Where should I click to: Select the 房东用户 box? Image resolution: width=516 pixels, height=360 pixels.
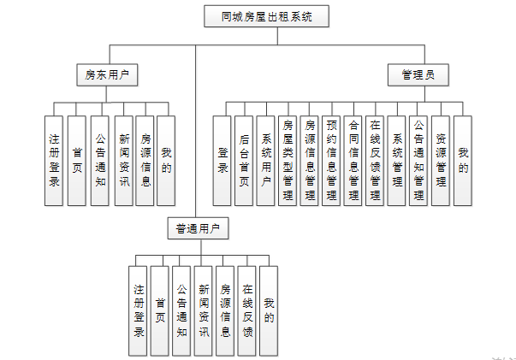tap(107, 75)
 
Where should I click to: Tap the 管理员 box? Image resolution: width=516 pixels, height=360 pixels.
tap(418, 75)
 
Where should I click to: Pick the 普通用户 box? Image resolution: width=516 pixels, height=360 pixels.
tap(197, 228)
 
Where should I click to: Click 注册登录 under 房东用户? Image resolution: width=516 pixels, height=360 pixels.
tap(54, 160)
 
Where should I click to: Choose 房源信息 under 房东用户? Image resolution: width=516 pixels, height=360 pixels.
tap(145, 160)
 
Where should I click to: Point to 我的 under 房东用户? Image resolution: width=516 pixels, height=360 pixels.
tap(166, 160)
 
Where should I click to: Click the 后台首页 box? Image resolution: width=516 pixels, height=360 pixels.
tap(244, 160)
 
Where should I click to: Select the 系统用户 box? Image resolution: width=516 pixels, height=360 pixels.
tap(265, 160)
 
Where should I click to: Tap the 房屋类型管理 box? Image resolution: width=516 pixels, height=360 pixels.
tap(288, 160)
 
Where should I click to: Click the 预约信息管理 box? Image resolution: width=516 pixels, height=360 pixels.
tap(331, 160)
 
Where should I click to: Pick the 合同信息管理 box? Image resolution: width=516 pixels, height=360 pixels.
tap(353, 160)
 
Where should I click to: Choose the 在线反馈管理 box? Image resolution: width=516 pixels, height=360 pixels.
tap(375, 160)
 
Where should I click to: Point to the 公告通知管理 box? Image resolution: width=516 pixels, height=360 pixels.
tap(418, 160)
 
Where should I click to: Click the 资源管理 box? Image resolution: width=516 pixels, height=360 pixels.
tap(441, 160)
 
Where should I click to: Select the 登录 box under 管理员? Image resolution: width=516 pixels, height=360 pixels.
tap(222, 160)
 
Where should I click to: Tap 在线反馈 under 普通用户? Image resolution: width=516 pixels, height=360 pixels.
tap(247, 310)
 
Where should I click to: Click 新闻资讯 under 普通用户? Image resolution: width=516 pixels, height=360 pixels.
tap(204, 310)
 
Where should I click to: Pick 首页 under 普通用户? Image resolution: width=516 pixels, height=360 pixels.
tap(160, 310)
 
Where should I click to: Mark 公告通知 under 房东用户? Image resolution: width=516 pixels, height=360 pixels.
tap(100, 160)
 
